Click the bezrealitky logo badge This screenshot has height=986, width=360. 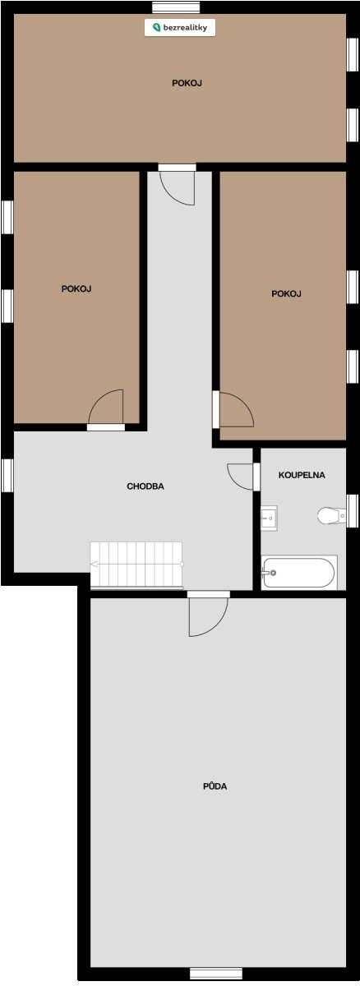(180, 28)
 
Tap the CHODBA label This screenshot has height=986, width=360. (145, 486)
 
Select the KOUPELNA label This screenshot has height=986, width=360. (302, 475)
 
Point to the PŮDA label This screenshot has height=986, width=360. (215, 786)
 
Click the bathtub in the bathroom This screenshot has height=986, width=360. (299, 572)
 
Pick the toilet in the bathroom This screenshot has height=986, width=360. (331, 515)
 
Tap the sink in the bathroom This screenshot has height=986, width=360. (269, 518)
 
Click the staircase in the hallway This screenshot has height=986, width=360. (136, 564)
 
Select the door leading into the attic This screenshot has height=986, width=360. (208, 614)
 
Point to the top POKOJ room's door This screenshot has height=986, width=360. (177, 184)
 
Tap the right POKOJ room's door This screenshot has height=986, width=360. (233, 409)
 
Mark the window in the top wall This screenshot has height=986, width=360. (176, 7)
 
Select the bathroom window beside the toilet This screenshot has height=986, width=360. (353, 511)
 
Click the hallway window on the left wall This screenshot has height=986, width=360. (7, 476)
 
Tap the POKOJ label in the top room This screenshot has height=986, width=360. (187, 83)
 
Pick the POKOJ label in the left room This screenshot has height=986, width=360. (76, 288)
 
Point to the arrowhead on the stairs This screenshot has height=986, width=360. (94, 564)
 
